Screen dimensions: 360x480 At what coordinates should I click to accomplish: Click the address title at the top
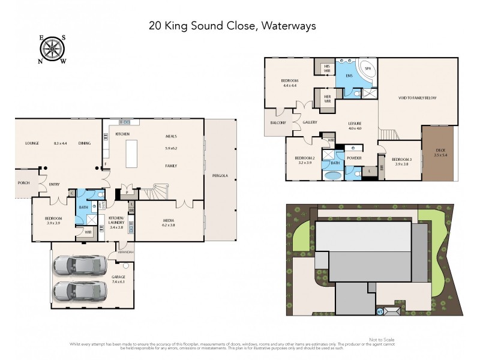click(232, 26)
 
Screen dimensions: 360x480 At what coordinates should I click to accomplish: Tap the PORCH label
click(24, 183)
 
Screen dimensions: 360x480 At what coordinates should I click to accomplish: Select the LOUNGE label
click(32, 143)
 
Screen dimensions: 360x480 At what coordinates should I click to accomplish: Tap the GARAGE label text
click(118, 277)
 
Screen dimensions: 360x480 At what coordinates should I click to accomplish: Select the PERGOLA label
click(220, 176)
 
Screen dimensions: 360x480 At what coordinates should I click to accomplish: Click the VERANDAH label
click(126, 251)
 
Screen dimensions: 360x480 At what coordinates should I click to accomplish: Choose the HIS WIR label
click(328, 68)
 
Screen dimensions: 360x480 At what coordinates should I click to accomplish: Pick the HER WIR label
click(328, 98)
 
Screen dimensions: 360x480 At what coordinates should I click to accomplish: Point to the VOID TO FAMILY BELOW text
click(418, 97)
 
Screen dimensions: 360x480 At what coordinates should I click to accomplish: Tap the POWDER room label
click(354, 158)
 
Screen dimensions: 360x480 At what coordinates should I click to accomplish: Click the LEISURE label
click(355, 124)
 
